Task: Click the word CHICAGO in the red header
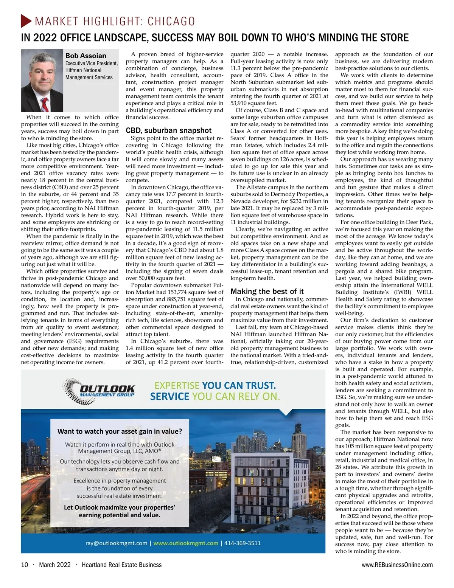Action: pyautogui.click(x=171, y=21)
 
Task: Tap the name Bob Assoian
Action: pyautogui.click(x=86, y=56)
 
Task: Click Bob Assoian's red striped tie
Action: pyautogui.click(x=45, y=104)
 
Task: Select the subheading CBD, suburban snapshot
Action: pyautogui.click(x=169, y=130)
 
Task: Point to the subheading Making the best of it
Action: pyautogui.click(x=267, y=292)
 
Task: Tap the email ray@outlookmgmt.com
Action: pyautogui.click(x=117, y=543)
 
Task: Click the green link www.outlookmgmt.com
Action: pyautogui.click(x=186, y=543)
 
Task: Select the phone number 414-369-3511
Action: pyautogui.click(x=243, y=543)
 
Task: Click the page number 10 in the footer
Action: pyautogui.click(x=25, y=565)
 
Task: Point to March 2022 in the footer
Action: pyautogui.click(x=55, y=565)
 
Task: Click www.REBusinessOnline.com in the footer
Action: pyautogui.click(x=397, y=565)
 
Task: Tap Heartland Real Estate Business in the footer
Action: pyautogui.click(x=122, y=565)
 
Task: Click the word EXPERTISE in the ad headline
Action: pyautogui.click(x=177, y=386)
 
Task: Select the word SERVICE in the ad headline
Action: pyautogui.click(x=169, y=397)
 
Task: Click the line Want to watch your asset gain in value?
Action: pyautogui.click(x=120, y=431)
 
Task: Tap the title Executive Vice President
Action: pyautogui.click(x=92, y=64)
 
